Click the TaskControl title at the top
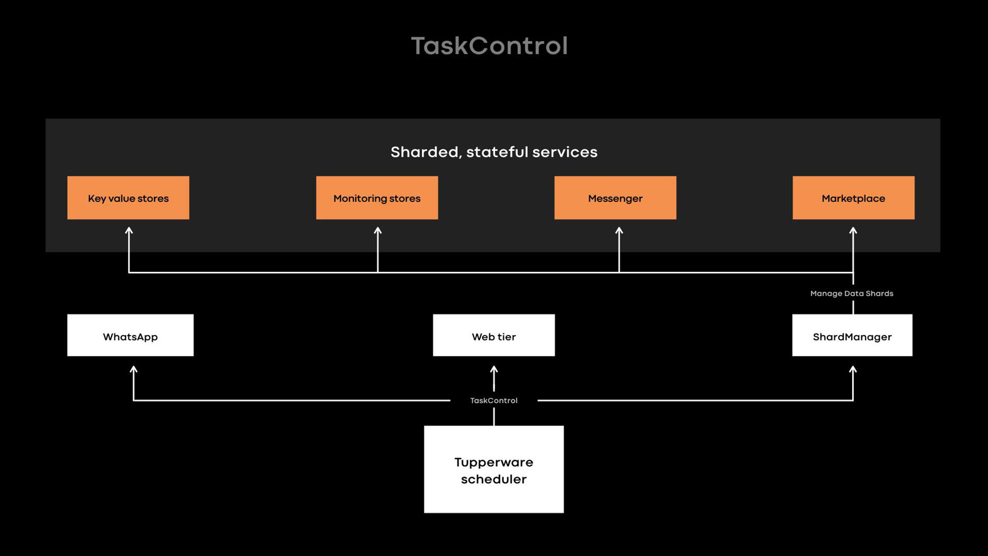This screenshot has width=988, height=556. click(x=489, y=46)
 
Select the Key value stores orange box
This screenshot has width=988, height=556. click(x=128, y=198)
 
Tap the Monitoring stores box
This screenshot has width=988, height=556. click(x=377, y=198)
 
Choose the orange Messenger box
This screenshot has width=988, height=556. click(x=615, y=198)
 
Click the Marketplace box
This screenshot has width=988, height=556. click(x=853, y=198)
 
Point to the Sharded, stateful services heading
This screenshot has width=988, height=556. click(x=494, y=152)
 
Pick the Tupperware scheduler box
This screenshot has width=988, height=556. click(x=494, y=469)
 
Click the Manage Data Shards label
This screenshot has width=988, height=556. click(x=852, y=294)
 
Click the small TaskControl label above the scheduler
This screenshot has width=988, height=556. click(x=494, y=400)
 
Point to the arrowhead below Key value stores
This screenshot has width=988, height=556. click(x=129, y=230)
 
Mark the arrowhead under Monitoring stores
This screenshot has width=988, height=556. click(x=378, y=230)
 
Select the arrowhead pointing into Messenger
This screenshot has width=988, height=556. click(x=619, y=230)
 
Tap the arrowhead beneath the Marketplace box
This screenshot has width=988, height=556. click(x=853, y=230)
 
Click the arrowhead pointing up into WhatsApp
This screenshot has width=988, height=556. click(x=133, y=369)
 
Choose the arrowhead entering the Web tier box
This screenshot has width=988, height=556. click(x=494, y=369)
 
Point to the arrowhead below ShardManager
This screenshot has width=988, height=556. click(x=853, y=369)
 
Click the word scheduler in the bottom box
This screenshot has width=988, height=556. click(x=494, y=479)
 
